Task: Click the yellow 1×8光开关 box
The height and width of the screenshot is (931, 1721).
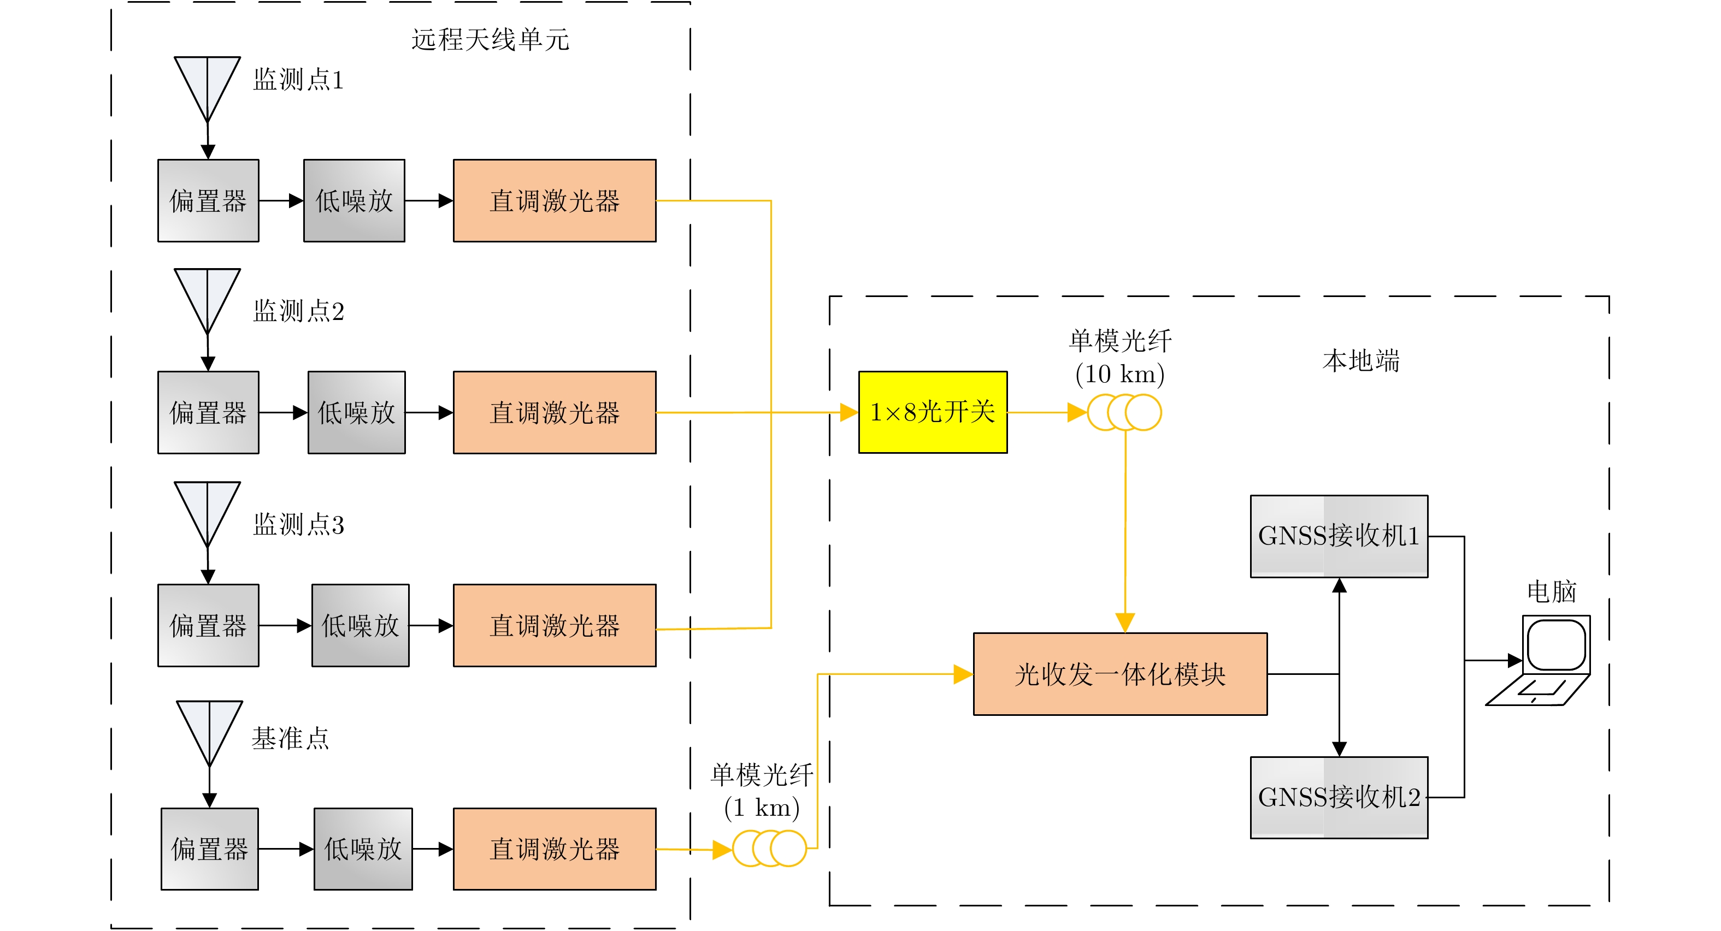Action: click(x=933, y=412)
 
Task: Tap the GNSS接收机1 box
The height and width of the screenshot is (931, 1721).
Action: click(x=1339, y=536)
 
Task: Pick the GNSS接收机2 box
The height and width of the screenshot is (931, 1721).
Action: click(x=1339, y=797)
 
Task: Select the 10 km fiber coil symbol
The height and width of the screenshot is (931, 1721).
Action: click(x=1124, y=412)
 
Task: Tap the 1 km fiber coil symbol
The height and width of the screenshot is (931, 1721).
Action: click(x=770, y=848)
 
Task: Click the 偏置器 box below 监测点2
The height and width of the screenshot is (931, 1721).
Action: click(x=208, y=412)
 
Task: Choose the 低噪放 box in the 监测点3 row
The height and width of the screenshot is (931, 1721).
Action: click(x=360, y=625)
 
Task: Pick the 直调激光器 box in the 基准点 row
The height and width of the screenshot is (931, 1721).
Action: click(x=555, y=849)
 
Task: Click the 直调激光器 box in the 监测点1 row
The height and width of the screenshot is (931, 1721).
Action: click(x=555, y=200)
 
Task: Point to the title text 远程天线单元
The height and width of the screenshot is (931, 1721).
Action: click(x=491, y=39)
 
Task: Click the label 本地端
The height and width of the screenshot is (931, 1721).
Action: click(x=1361, y=360)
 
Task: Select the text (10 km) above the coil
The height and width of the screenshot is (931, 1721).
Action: click(x=1119, y=374)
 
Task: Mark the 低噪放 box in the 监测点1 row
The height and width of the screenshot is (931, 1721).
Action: click(x=354, y=200)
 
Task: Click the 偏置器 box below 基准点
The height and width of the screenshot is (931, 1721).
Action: click(x=210, y=849)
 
